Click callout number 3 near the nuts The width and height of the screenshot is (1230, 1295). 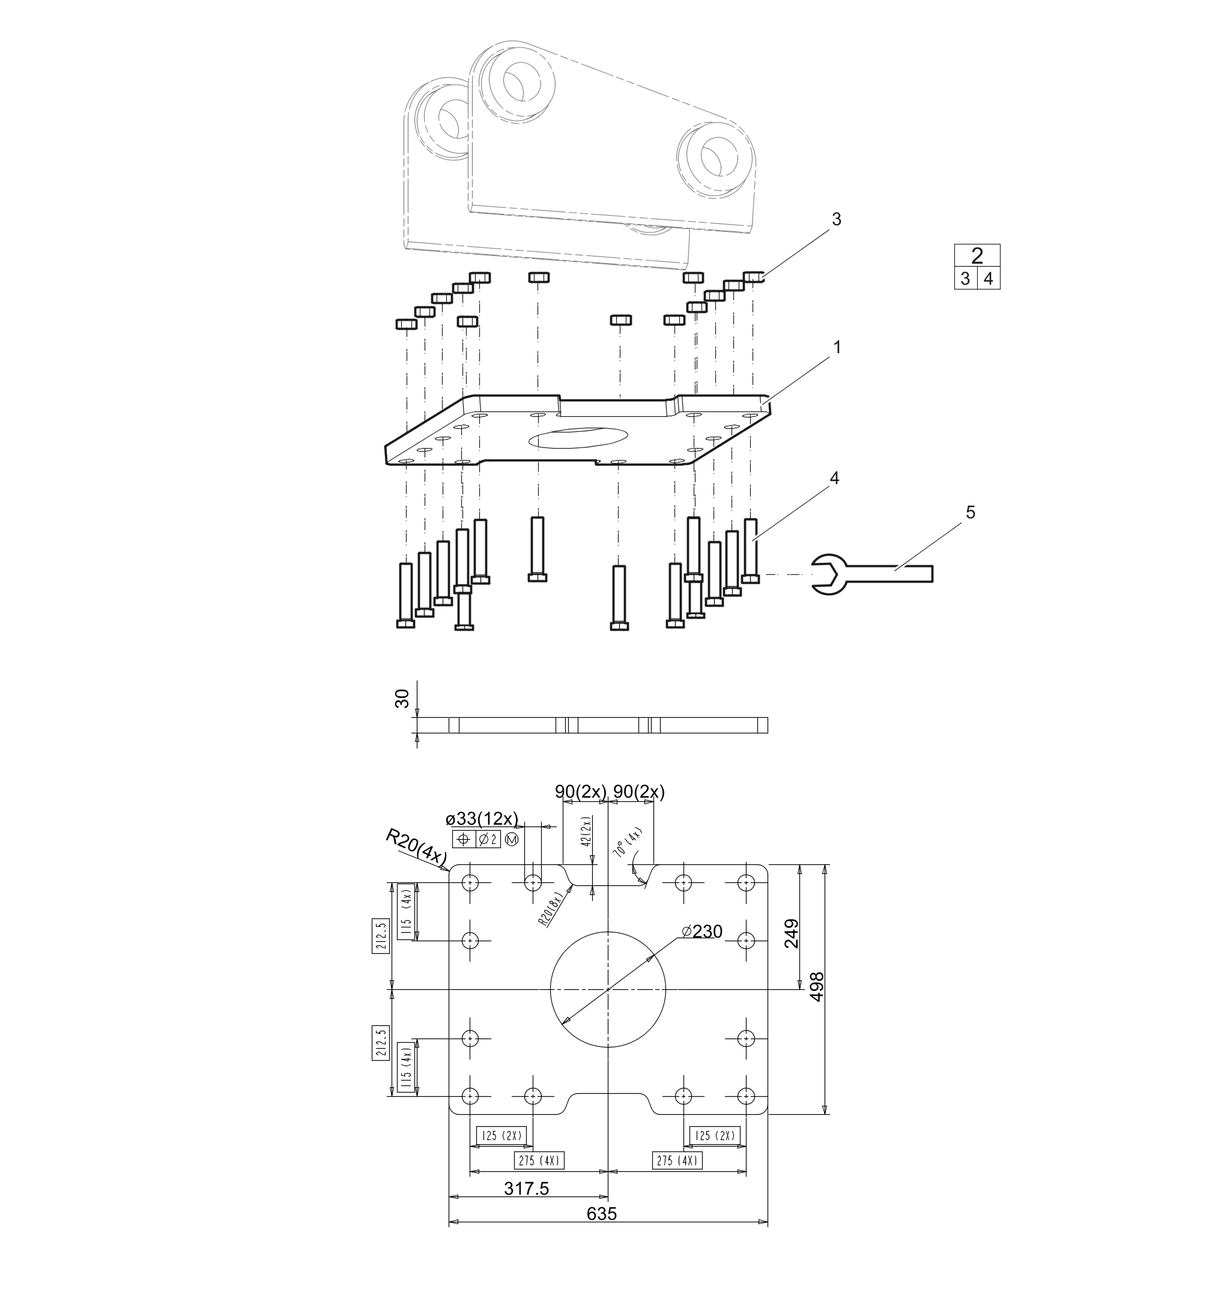pos(836,220)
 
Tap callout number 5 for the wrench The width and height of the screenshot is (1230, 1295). pos(971,512)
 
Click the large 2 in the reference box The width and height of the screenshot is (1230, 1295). pos(977,255)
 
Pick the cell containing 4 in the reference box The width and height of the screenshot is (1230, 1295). pos(989,278)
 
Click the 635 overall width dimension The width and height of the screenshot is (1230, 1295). pos(602,1213)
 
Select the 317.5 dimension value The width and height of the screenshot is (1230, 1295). pos(527,1187)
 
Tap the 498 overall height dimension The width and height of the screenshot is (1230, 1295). pos(817,987)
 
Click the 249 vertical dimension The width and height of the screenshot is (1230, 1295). pos(792,934)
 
